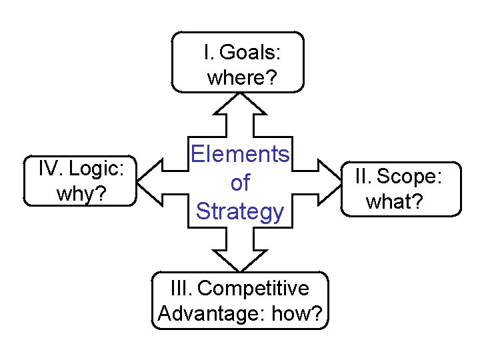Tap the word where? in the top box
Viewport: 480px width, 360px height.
pyautogui.click(x=242, y=78)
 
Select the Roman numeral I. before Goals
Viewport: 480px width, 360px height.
pyautogui.click(x=209, y=52)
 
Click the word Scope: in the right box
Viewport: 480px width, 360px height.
pyautogui.click(x=409, y=177)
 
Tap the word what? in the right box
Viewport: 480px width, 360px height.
pyautogui.click(x=395, y=201)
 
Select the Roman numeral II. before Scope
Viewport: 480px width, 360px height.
pyautogui.click(x=363, y=177)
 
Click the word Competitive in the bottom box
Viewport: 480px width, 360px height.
pyautogui.click(x=253, y=289)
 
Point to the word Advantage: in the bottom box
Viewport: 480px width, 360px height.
pyautogui.click(x=211, y=313)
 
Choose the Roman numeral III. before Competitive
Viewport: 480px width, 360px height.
pyautogui.click(x=181, y=289)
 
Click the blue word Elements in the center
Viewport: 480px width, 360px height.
pyautogui.click(x=240, y=155)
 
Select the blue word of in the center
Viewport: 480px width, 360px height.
pyautogui.click(x=240, y=183)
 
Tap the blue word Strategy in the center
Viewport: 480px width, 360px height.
pyautogui.click(x=240, y=211)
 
